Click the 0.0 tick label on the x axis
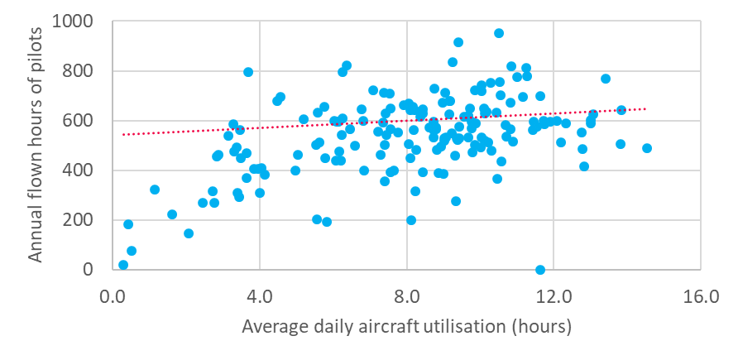tap(113, 296)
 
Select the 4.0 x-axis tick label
tap(260, 296)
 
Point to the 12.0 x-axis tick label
tap(553, 296)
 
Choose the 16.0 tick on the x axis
tap(700, 296)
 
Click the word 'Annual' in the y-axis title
tap(36, 237)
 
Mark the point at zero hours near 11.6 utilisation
tap(540, 270)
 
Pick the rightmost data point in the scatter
tap(647, 148)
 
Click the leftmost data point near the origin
tap(123, 265)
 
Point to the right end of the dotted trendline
tap(645, 108)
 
